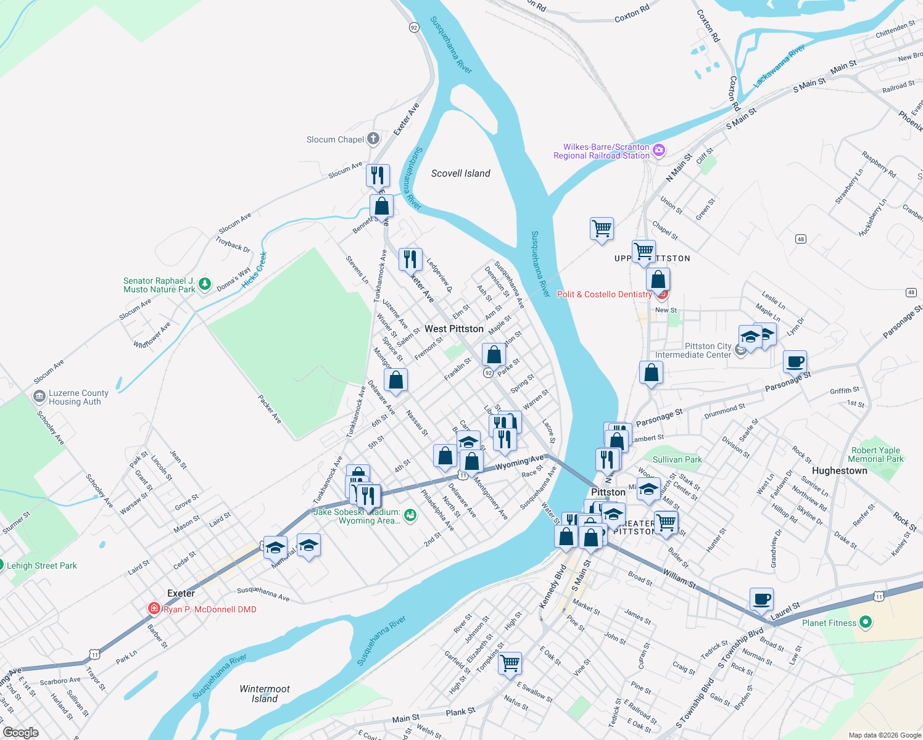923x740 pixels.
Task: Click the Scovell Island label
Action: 460,173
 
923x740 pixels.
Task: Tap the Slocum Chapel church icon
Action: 373,139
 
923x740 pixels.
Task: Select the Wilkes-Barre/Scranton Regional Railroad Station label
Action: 602,151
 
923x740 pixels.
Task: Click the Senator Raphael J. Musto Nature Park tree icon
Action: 205,284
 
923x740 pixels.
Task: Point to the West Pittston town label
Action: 454,329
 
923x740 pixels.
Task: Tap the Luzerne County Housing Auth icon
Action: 39,396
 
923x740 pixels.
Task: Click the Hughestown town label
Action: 839,471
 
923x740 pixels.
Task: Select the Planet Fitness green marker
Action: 865,622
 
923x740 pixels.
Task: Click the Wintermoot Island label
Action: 265,694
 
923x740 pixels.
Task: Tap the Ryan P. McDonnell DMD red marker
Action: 154,609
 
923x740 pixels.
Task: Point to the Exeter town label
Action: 181,593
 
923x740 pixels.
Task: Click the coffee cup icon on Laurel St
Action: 761,599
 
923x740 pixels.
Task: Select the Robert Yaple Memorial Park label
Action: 875,454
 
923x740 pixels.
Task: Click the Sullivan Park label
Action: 677,459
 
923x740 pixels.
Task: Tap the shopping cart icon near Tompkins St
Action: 510,664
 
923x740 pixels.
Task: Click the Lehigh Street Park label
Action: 42,565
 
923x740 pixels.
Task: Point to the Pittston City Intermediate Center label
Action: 693,350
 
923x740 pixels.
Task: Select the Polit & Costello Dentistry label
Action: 604,294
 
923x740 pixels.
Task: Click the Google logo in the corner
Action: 20,733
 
